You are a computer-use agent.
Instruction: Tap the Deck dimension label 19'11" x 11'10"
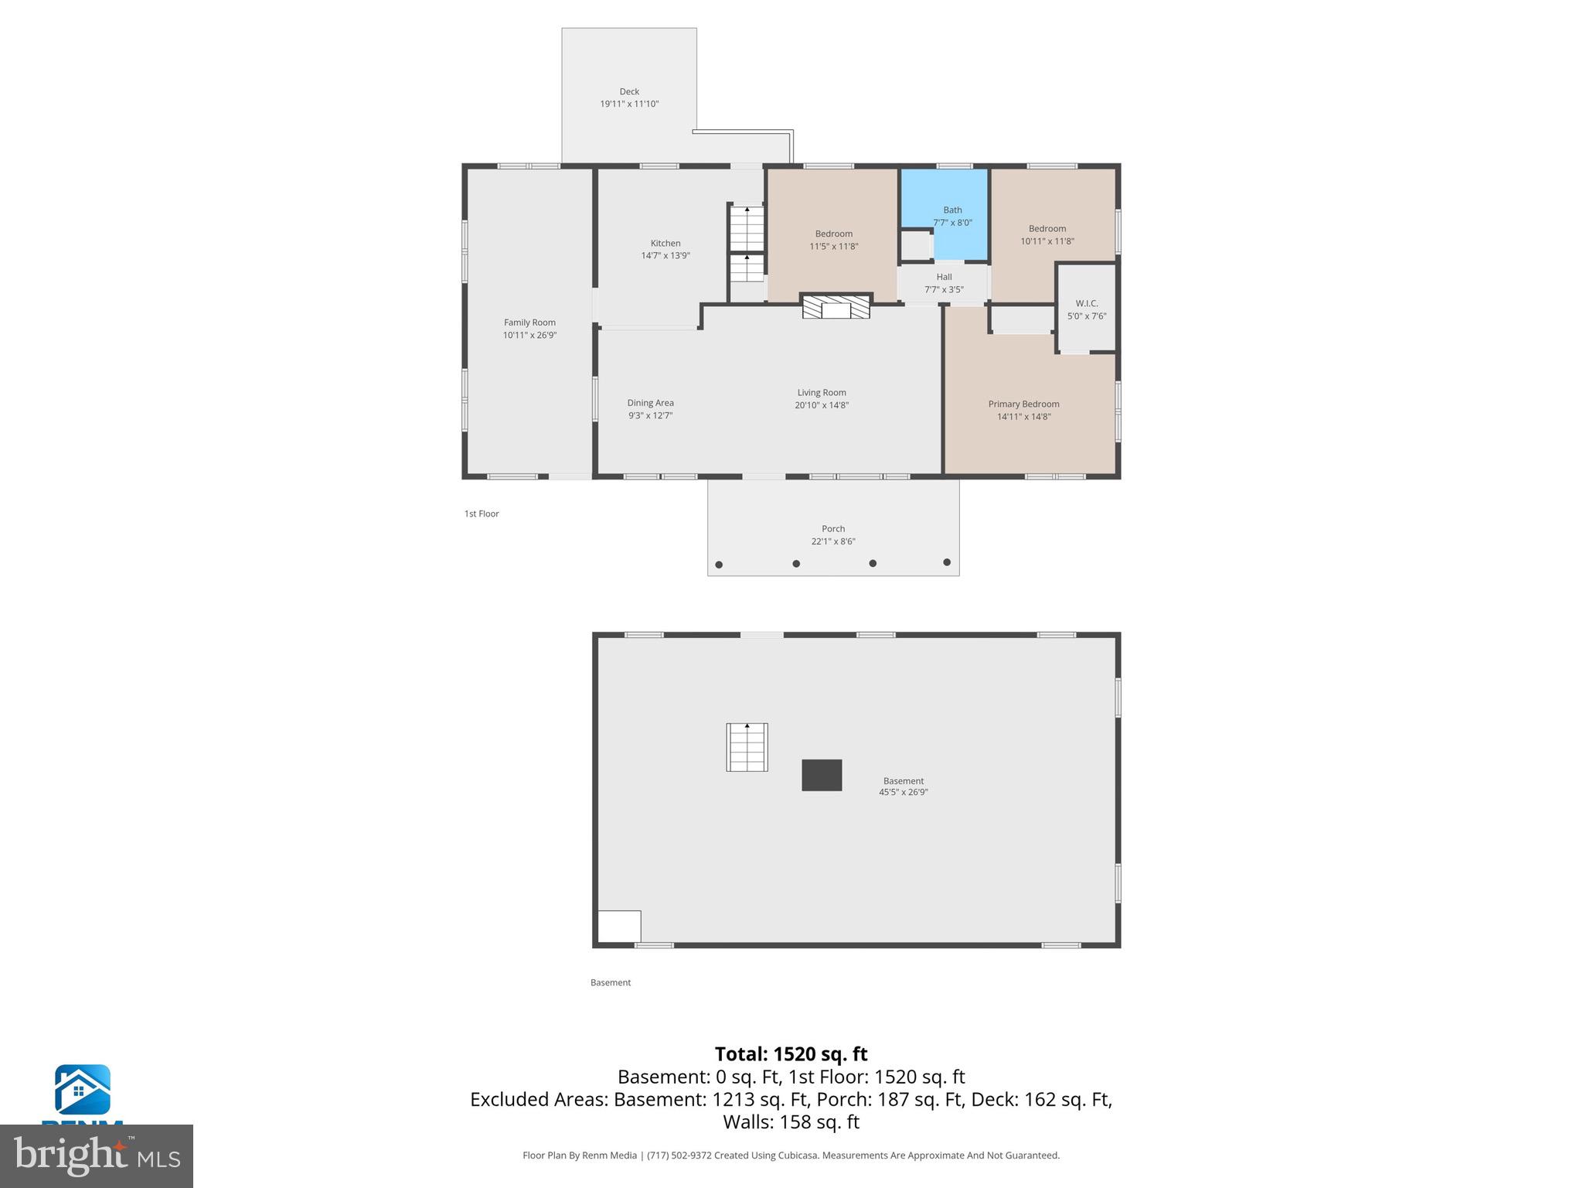coord(629,104)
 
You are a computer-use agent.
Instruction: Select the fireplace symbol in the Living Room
coord(836,308)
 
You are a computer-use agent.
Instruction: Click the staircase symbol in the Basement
coord(747,747)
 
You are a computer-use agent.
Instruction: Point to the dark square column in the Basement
coord(821,775)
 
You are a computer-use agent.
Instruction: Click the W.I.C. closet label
coord(1086,303)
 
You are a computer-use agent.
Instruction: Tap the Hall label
coord(944,277)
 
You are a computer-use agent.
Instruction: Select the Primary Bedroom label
coord(1023,404)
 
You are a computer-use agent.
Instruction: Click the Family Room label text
coord(529,323)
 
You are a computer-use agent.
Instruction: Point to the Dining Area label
coord(650,403)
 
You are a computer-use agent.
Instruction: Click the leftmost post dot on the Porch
coord(719,565)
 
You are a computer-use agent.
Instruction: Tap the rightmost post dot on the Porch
coord(947,562)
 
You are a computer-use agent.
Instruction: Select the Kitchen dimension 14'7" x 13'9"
coord(665,256)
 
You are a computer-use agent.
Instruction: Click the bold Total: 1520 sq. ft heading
coord(791,1054)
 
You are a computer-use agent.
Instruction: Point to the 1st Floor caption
coord(482,514)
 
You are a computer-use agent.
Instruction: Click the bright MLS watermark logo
coord(97,1156)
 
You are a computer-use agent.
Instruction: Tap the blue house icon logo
coord(82,1090)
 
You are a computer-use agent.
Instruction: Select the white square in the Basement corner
coord(619,926)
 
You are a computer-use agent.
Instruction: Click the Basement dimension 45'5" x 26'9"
coord(903,792)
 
